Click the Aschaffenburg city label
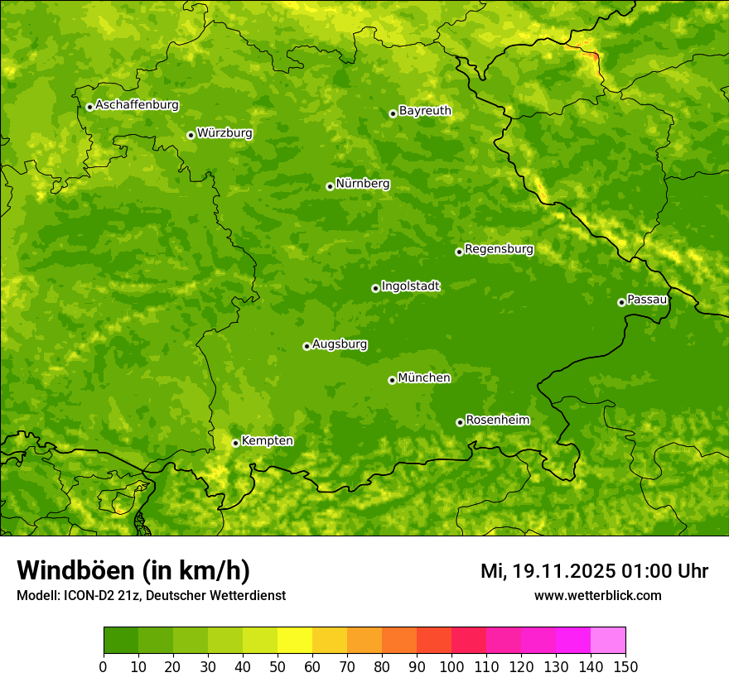(137, 105)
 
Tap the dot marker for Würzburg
(191, 135)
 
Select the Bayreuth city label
(425, 110)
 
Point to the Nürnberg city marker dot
(330, 186)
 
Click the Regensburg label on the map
(499, 248)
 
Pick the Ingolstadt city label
(410, 286)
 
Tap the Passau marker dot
(621, 302)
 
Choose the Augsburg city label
(340, 343)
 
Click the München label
(424, 377)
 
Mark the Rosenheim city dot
(460, 422)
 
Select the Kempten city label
(267, 440)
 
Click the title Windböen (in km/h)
(133, 570)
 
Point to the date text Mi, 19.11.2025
(548, 571)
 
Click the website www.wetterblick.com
(597, 595)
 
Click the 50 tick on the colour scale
(278, 666)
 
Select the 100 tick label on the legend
(451, 666)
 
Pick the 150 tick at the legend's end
(625, 666)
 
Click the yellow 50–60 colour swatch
(295, 640)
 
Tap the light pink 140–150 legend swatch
(608, 640)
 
